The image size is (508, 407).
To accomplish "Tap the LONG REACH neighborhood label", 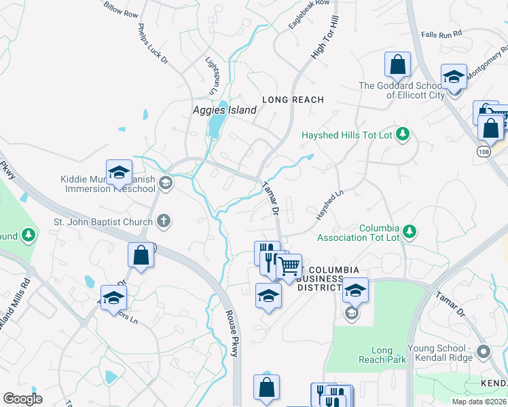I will (293, 100).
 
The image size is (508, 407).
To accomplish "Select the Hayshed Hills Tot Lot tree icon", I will (403, 134).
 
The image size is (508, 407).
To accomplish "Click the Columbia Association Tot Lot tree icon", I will (409, 232).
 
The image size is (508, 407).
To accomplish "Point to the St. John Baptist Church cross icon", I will (163, 220).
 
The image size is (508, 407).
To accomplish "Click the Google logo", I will (22, 399).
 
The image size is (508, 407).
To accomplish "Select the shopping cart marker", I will (289, 267).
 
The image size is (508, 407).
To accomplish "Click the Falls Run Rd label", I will (441, 33).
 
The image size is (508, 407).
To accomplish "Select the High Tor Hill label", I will (325, 42).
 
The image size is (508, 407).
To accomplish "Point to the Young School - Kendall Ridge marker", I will (484, 351).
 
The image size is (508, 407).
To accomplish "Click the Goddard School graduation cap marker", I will (454, 76).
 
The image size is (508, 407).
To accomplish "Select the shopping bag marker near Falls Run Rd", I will (397, 65).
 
